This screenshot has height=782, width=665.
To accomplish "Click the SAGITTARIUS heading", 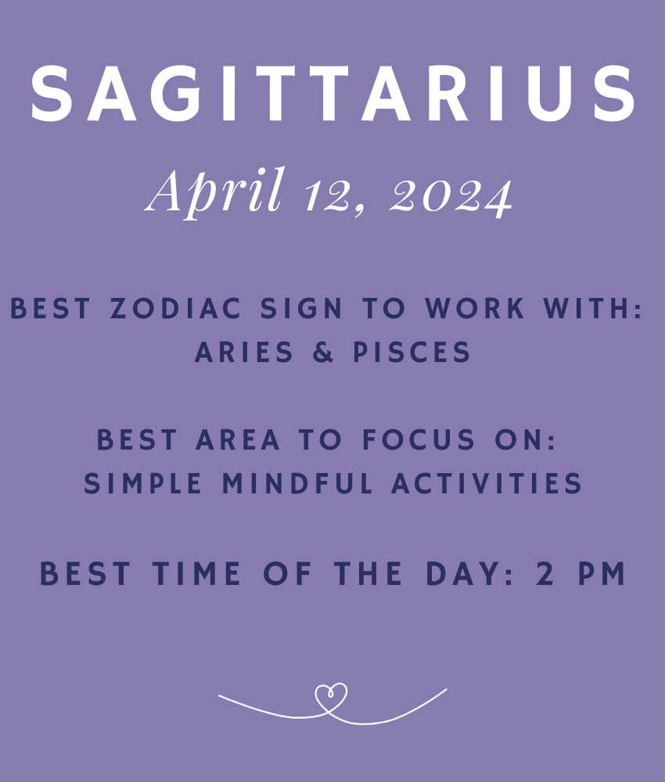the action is point(333,93).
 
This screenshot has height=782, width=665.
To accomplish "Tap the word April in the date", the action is point(215,193).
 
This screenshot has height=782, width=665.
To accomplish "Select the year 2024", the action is point(451,196).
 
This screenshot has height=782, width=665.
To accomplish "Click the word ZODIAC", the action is point(176,307).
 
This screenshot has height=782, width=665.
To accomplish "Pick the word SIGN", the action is point(301,307).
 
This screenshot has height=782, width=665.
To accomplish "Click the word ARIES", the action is point(244,352).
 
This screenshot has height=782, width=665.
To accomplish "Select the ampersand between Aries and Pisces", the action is point(323,352).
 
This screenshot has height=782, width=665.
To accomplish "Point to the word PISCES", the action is point(412,352).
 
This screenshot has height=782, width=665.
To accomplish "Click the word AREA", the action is point(238,439).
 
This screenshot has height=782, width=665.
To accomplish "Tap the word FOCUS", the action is point(418,439).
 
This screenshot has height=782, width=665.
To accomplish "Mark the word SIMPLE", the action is point(142,483).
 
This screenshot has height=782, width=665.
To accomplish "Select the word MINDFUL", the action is point(297,483).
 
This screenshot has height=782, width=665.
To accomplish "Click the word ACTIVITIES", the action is point(487,483).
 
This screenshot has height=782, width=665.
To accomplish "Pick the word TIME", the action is point(196,573).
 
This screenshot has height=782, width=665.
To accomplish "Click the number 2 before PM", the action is point(545,573).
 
